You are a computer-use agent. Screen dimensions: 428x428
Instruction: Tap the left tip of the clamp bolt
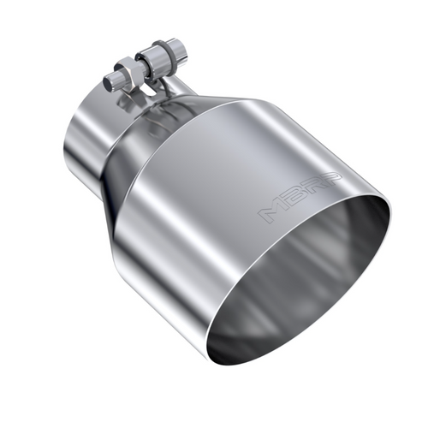[107, 84]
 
